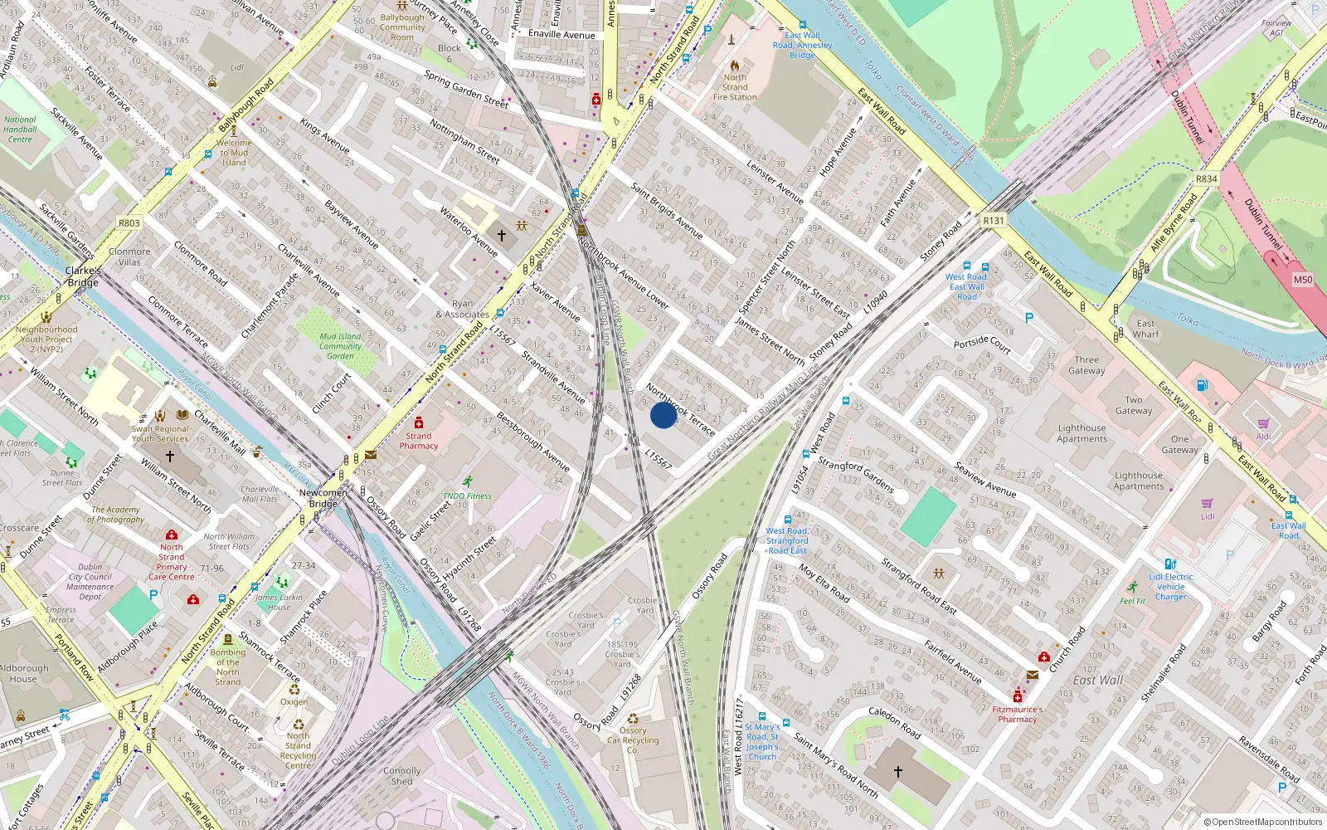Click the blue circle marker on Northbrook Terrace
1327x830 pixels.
coord(663,415)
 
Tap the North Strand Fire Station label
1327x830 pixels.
coord(735,87)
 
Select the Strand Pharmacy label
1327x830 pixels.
coord(419,441)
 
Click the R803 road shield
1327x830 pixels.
coord(129,222)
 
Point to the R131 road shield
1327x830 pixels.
coord(993,221)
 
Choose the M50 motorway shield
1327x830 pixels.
coord(1303,280)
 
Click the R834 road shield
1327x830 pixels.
coord(1206,179)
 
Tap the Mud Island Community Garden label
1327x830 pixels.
coord(340,346)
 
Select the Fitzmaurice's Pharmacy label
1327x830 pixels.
coord(1018,715)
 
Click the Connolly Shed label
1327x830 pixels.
coord(402,775)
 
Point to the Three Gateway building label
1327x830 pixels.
coord(1086,365)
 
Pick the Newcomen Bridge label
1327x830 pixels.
coord(323,498)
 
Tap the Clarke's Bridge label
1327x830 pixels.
coord(83,276)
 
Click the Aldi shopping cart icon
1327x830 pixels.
coord(1263,424)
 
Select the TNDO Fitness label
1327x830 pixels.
coord(467,496)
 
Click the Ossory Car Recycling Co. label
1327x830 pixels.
coord(633,740)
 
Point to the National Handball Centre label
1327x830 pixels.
coord(20,129)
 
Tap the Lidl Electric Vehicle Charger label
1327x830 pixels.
coord(1171,586)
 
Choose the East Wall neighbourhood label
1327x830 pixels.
coord(1098,680)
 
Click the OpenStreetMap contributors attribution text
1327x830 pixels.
coord(1263,823)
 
